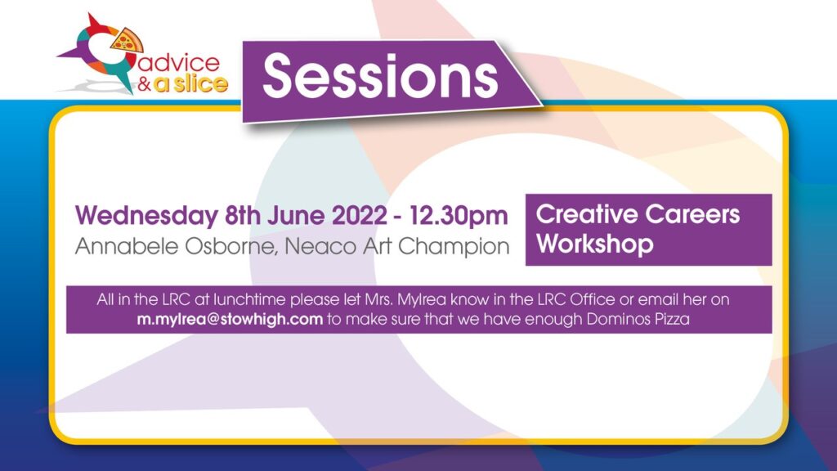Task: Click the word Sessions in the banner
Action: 380,77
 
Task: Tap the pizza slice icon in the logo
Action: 127,41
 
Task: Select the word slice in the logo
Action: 199,83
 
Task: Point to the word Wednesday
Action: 146,216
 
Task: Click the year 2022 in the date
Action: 360,216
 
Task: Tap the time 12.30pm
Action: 459,216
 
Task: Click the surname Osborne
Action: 231,247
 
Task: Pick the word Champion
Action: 454,247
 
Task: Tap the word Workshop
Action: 595,244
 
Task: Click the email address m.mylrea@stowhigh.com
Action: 230,320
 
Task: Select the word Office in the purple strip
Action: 593,299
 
